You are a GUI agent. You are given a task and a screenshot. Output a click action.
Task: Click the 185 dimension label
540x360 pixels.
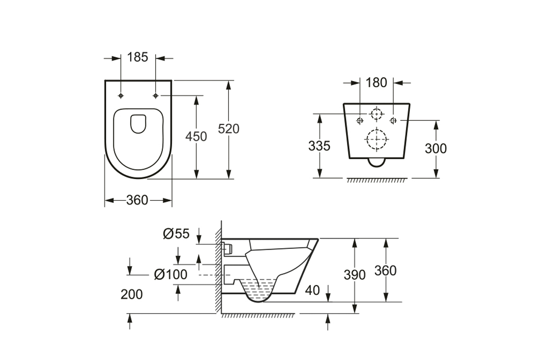coord(137,58)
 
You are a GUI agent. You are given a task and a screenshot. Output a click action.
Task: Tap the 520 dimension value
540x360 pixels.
coord(229,129)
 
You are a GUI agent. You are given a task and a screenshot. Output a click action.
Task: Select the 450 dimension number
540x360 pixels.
coord(196,136)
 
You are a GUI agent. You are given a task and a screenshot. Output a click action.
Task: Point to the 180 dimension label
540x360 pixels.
coord(376,83)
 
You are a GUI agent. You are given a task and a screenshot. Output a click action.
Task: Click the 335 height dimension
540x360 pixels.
coord(319,146)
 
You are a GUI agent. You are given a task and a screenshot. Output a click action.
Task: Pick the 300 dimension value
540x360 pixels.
coord(436,148)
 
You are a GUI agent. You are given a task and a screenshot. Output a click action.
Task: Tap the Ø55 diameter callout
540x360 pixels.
coord(176,234)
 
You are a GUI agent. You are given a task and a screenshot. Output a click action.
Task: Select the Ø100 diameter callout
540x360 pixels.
coord(171,274)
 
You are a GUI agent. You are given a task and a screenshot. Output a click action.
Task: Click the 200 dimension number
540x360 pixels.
coord(131,294)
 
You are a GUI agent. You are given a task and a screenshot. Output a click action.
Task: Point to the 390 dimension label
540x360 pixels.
coord(355,275)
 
